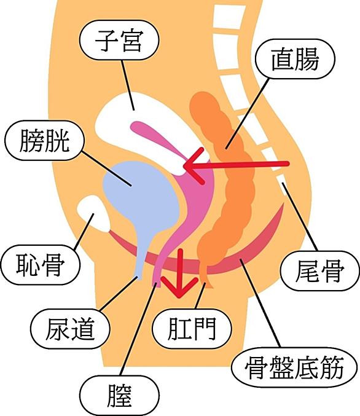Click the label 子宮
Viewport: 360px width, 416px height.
click(119, 41)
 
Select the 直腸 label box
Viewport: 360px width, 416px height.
click(295, 59)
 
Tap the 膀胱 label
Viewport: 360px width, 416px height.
click(45, 140)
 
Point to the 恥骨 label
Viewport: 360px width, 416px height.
click(41, 265)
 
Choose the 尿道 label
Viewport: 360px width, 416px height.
click(70, 329)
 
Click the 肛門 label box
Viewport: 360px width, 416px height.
click(192, 329)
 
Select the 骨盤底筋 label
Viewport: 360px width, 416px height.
click(294, 367)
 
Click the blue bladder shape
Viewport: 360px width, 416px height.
click(142, 197)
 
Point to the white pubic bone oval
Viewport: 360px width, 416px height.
click(94, 214)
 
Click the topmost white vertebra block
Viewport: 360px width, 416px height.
click(230, 17)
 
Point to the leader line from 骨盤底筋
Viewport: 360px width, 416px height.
click(260, 303)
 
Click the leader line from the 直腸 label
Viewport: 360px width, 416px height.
click(248, 113)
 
